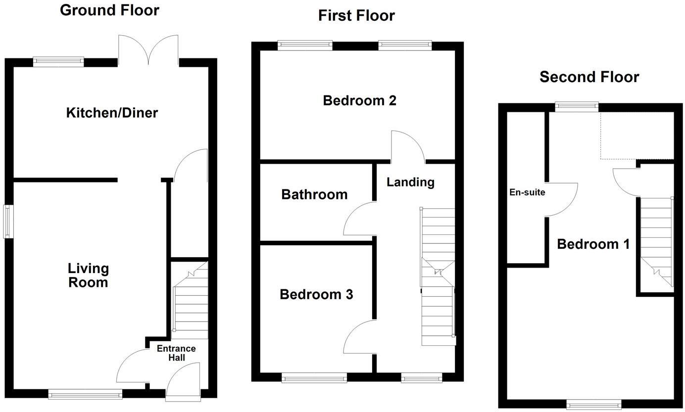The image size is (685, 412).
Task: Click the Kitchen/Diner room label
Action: pos(112,113)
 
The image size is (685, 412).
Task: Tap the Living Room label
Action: pos(88,275)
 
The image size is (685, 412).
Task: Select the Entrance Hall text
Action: pos(176,353)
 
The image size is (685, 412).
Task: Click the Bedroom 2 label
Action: pos(359,101)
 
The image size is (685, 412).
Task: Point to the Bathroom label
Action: pos(314,194)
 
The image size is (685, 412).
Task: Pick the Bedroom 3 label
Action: pos(316,295)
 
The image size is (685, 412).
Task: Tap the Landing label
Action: pos(410,182)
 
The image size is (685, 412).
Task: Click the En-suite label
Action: pos(527,192)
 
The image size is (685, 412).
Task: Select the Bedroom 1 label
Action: pos(593,244)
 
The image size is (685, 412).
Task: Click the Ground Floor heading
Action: pos(109,10)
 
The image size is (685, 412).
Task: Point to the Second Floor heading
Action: pos(589,77)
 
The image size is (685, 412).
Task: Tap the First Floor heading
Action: pos(356,15)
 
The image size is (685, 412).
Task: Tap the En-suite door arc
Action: pos(562,200)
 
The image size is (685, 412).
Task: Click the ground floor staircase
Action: pos(190,302)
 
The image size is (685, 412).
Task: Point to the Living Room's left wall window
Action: pos(8,221)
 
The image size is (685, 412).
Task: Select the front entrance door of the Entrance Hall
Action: pos(183,381)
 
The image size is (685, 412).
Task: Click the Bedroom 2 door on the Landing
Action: pos(408,147)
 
